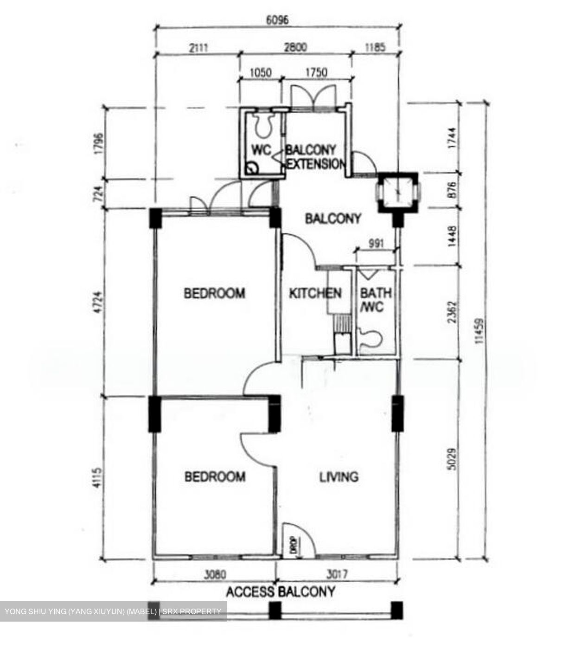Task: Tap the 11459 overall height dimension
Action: point(479,331)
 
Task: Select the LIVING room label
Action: point(338,476)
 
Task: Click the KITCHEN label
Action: point(315,293)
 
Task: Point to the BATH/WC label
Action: point(375,300)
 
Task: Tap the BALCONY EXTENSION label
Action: point(315,157)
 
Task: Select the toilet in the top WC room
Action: point(264,125)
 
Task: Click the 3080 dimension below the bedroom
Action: point(214,574)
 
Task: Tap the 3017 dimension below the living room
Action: point(337,574)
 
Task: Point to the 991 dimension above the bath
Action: point(375,244)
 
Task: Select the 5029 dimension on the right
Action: point(453,459)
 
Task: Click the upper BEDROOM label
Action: point(214,293)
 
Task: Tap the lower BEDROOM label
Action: point(215,476)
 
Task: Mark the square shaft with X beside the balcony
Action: point(398,192)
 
